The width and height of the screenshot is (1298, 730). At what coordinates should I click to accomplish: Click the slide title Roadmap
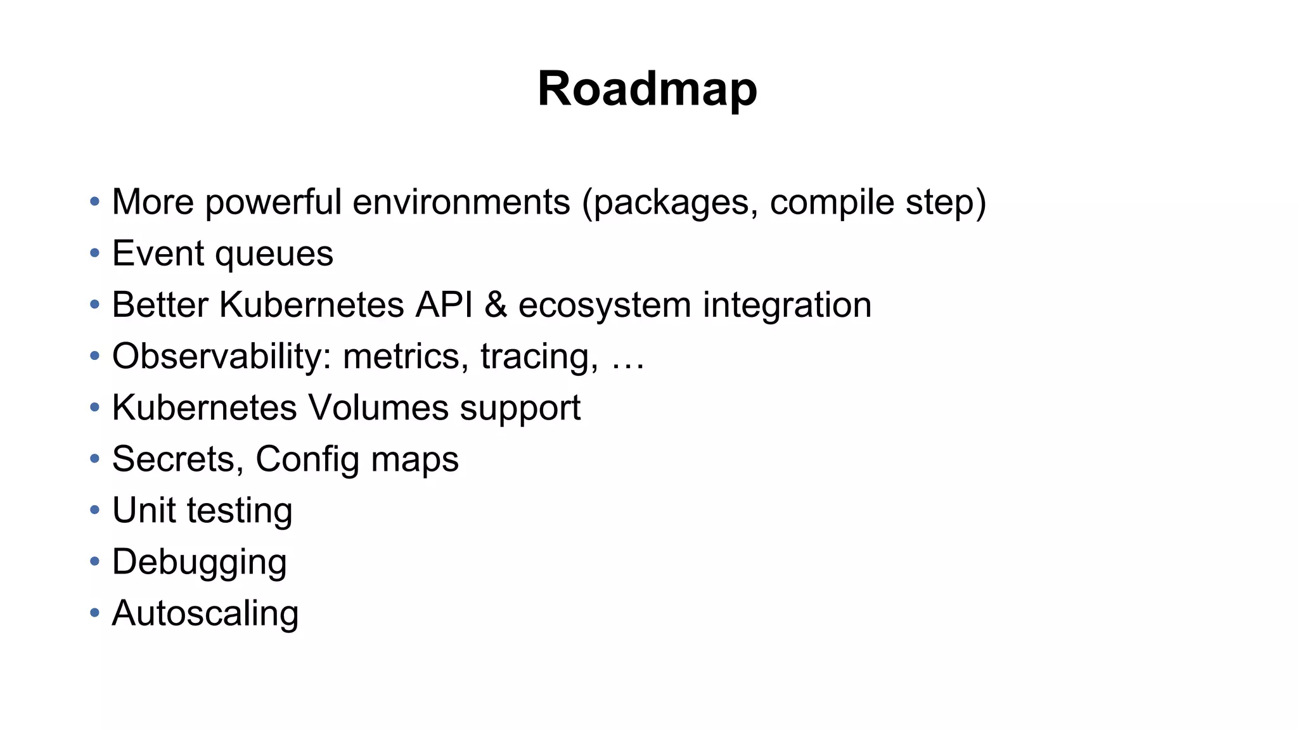point(647,89)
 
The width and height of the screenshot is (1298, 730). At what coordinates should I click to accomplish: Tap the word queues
point(274,254)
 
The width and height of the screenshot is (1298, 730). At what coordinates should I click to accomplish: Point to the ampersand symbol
point(496,305)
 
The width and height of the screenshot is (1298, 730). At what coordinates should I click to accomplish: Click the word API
point(444,305)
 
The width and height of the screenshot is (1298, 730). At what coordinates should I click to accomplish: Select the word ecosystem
point(605,305)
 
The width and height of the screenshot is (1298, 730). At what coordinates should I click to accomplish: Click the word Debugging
point(199,562)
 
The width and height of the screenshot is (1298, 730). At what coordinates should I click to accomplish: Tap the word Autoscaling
point(205,613)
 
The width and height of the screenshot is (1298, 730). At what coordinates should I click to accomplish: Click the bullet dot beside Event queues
point(95,253)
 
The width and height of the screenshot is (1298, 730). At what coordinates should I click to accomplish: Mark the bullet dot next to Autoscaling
point(95,613)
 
